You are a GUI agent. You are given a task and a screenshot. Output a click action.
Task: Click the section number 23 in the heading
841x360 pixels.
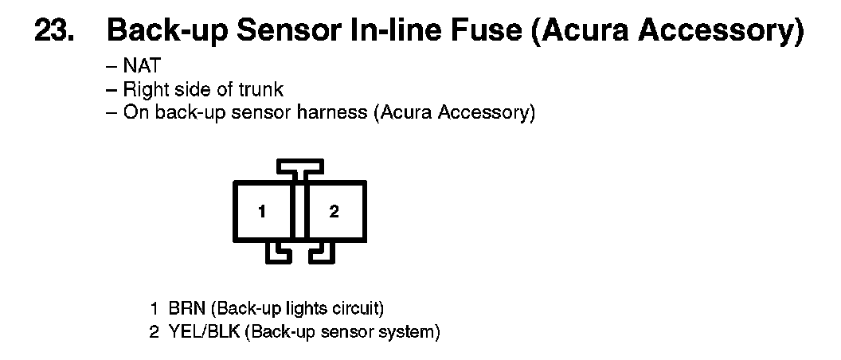coord(56,33)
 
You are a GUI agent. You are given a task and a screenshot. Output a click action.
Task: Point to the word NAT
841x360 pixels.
coord(142,68)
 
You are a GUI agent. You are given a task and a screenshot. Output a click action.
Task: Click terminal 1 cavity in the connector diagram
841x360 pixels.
coord(262,212)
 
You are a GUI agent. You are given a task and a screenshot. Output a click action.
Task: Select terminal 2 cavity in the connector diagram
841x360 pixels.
coord(334,212)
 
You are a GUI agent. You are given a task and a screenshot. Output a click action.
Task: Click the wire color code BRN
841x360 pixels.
coord(184,307)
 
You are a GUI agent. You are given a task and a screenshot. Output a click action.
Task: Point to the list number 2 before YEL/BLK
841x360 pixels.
coord(155,331)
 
